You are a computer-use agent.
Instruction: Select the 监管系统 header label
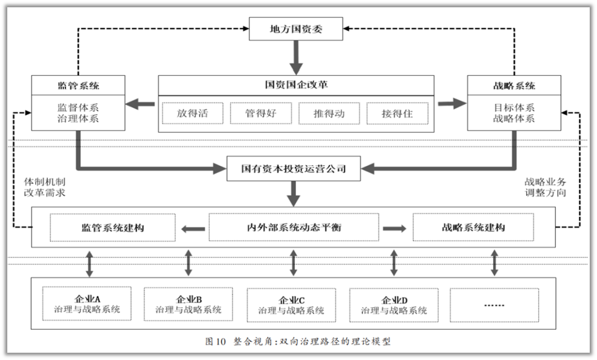pos(78,86)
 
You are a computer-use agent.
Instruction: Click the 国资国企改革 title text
pos(296,85)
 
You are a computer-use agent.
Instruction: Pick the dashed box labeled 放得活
pos(192,113)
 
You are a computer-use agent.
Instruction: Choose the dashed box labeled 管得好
pos(261,113)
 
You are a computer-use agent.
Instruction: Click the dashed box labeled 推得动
pos(329,113)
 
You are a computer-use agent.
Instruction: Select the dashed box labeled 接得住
pos(397,113)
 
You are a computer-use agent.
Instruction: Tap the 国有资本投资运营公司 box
pos(294,168)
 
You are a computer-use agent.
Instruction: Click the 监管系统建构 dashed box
pos(113,228)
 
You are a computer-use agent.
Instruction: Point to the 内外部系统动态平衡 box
pos(294,228)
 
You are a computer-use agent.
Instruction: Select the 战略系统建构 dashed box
pos(473,228)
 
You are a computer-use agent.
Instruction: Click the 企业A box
pos(87,304)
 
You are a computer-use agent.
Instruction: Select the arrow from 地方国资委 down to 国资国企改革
pos(296,56)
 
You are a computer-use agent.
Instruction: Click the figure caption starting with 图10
pos(298,341)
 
